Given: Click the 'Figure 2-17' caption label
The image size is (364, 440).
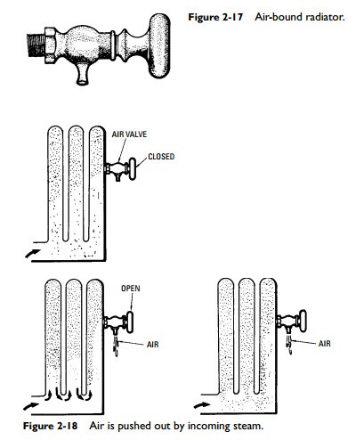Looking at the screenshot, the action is click(215, 17).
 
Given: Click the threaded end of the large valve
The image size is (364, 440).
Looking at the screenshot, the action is click(36, 45).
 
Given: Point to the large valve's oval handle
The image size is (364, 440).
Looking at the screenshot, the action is click(159, 45).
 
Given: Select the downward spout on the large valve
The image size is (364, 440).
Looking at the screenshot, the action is click(83, 74).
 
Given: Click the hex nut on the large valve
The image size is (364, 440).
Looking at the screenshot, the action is click(50, 45).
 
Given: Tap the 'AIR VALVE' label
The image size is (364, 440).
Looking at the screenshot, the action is click(129, 134).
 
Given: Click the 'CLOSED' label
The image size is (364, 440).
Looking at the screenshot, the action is click(161, 157).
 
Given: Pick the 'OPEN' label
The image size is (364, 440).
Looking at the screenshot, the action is click(131, 289).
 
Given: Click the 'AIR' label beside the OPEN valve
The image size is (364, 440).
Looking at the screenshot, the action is click(153, 345).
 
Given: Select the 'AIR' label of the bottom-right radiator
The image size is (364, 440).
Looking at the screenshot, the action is click(324, 344).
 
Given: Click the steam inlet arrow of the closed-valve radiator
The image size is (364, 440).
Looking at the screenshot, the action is click(33, 254).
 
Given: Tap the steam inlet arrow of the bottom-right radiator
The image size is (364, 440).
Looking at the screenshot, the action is click(202, 405).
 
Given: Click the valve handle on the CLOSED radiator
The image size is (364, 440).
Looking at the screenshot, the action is click(133, 169).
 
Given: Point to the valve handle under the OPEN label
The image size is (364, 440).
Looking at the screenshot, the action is click(130, 322).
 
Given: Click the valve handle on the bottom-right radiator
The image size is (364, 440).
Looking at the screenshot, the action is click(303, 321).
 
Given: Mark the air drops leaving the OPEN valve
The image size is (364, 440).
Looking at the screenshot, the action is click(116, 347).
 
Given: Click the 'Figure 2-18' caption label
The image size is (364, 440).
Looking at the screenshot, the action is click(50, 426).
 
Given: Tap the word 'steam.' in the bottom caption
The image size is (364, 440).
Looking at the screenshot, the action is click(248, 426).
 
